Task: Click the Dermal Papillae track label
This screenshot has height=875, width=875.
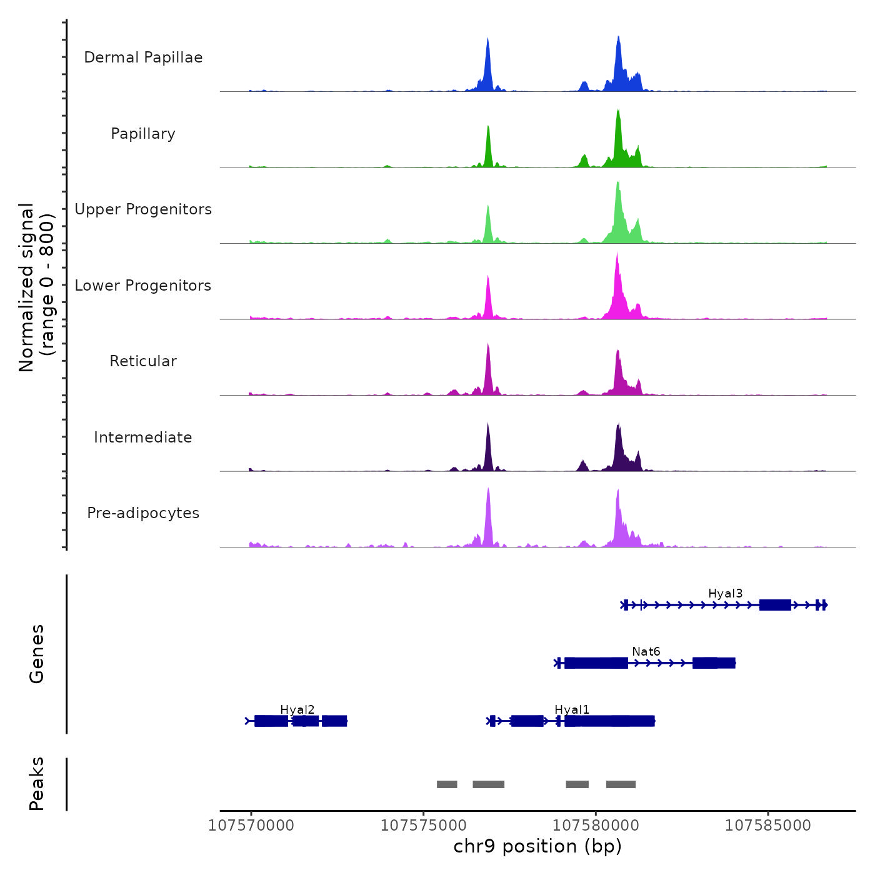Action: point(143,57)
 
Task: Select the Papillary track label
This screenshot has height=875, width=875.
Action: point(143,134)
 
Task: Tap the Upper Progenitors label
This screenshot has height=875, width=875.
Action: point(143,209)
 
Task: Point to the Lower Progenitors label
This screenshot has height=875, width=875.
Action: point(143,286)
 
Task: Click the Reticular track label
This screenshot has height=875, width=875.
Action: point(143,361)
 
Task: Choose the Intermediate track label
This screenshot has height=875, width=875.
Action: point(143,437)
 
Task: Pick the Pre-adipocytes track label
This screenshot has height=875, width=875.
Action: point(143,513)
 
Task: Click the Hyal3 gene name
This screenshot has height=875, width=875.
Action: point(725,594)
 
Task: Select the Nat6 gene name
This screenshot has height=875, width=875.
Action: point(646,652)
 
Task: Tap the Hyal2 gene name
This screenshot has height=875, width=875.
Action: point(297,710)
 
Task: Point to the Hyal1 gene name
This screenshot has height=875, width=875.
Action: point(572,710)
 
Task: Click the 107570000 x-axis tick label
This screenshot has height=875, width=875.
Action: point(251,826)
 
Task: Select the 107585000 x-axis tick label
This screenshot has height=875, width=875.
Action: point(767,826)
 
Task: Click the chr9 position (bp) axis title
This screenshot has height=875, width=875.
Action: point(537,846)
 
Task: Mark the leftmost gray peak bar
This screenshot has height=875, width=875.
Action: point(447,784)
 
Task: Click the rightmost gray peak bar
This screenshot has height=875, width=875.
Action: point(621,784)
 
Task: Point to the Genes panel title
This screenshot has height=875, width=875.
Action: point(36,654)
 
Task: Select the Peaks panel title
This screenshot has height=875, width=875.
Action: point(36,784)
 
